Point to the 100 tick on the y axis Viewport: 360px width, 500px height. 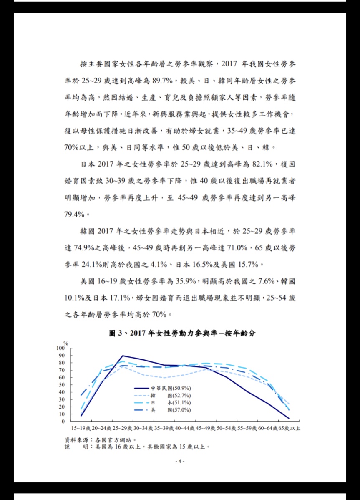click(61, 348)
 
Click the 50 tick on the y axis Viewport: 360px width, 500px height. click(62, 385)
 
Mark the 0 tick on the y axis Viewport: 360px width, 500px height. click(63, 422)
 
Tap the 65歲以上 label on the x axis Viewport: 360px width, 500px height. click(290, 429)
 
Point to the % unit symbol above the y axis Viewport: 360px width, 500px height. click(65, 343)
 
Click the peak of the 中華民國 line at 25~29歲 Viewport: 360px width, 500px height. click(122, 356)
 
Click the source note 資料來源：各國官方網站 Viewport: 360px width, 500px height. click(100, 439)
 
